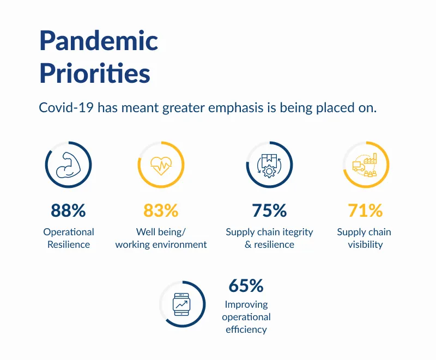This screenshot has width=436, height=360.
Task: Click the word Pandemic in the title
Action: [x=99, y=41]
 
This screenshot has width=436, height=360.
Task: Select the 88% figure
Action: [x=68, y=210]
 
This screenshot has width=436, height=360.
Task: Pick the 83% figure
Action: [x=161, y=210]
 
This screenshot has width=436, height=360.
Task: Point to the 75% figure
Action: [x=269, y=210]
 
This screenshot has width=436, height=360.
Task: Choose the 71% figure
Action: [x=365, y=210]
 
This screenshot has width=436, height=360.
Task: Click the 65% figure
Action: [x=246, y=285]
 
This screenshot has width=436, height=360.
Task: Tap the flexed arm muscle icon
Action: [x=68, y=164]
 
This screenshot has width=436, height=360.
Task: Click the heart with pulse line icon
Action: [x=161, y=164]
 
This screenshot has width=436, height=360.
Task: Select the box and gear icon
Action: [x=269, y=164]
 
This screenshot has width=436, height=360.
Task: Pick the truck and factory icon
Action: [x=365, y=164]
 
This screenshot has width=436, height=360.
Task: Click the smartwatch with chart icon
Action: [x=181, y=304]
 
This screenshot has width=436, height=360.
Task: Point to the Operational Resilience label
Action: [x=69, y=238]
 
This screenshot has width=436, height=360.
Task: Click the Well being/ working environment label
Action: [x=161, y=238]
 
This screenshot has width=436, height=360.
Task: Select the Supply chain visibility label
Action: [x=364, y=238]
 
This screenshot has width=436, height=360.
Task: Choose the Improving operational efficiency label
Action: [x=246, y=316]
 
